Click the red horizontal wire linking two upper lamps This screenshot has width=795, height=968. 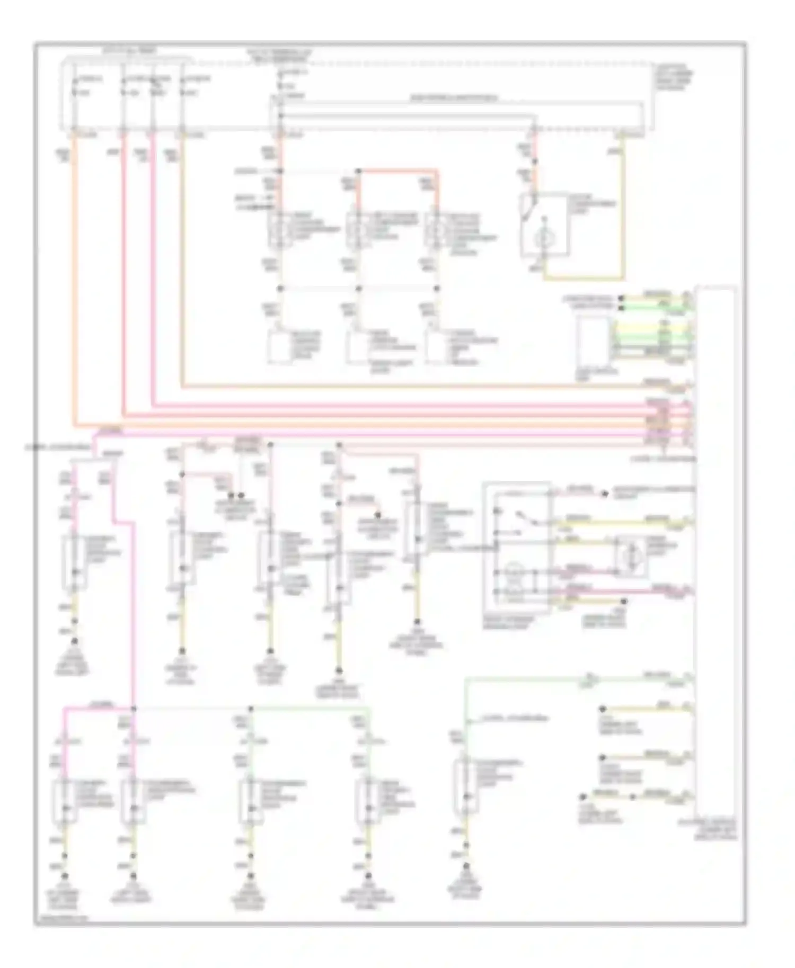coord(397,171)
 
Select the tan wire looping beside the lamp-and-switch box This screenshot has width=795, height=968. coord(623,212)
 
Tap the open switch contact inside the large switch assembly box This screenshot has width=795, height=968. coord(525,516)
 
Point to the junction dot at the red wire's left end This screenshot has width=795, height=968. coord(359,171)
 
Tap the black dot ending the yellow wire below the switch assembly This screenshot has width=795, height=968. coord(623,602)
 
